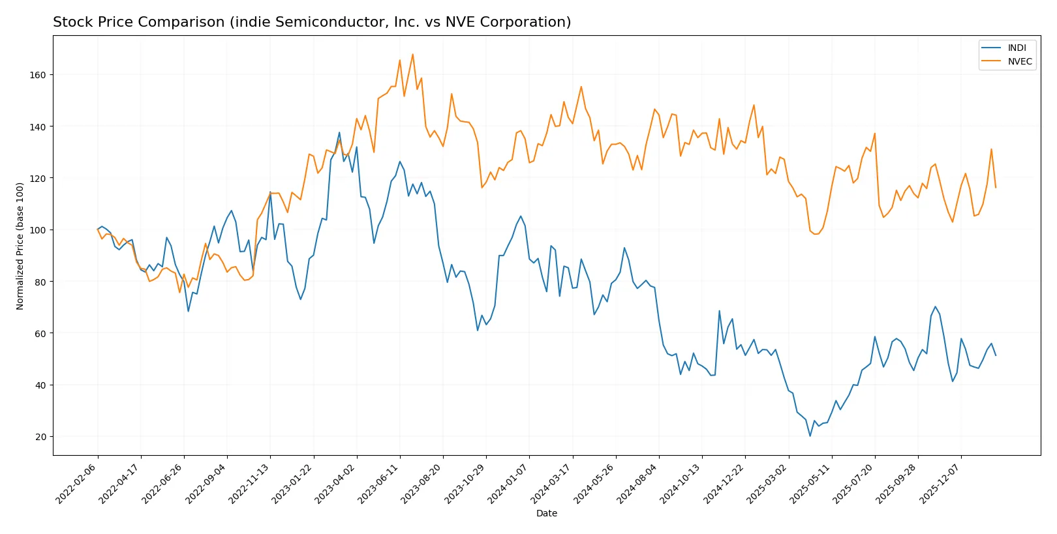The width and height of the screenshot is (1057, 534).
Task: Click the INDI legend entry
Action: pos(1016,48)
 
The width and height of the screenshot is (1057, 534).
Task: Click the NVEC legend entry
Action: pos(1019,61)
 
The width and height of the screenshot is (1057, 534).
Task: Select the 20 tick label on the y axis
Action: pos(40,437)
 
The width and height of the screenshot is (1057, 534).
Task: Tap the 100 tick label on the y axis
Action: pos(38,230)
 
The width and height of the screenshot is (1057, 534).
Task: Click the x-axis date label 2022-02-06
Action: pos(76,484)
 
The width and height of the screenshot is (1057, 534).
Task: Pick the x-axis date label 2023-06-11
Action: pos(378,484)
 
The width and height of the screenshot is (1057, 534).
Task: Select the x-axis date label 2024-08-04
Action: pos(637,484)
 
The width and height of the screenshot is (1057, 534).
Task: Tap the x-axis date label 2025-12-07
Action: pos(940,484)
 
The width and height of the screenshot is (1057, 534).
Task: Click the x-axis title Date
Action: pos(546,513)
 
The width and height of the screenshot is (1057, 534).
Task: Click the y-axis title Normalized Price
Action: pos(20,246)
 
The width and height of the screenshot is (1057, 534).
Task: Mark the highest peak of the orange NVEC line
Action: pos(412,54)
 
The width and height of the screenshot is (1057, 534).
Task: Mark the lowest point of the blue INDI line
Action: pos(810,436)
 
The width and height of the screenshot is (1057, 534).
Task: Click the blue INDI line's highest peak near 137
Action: pos(339,132)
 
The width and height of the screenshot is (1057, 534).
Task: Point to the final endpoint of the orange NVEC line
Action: pos(996,188)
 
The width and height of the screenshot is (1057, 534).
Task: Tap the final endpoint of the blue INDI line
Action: pos(996,355)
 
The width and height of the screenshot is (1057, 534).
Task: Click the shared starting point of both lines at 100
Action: pos(98,230)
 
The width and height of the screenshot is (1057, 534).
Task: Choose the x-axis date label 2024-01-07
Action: pos(508,484)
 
